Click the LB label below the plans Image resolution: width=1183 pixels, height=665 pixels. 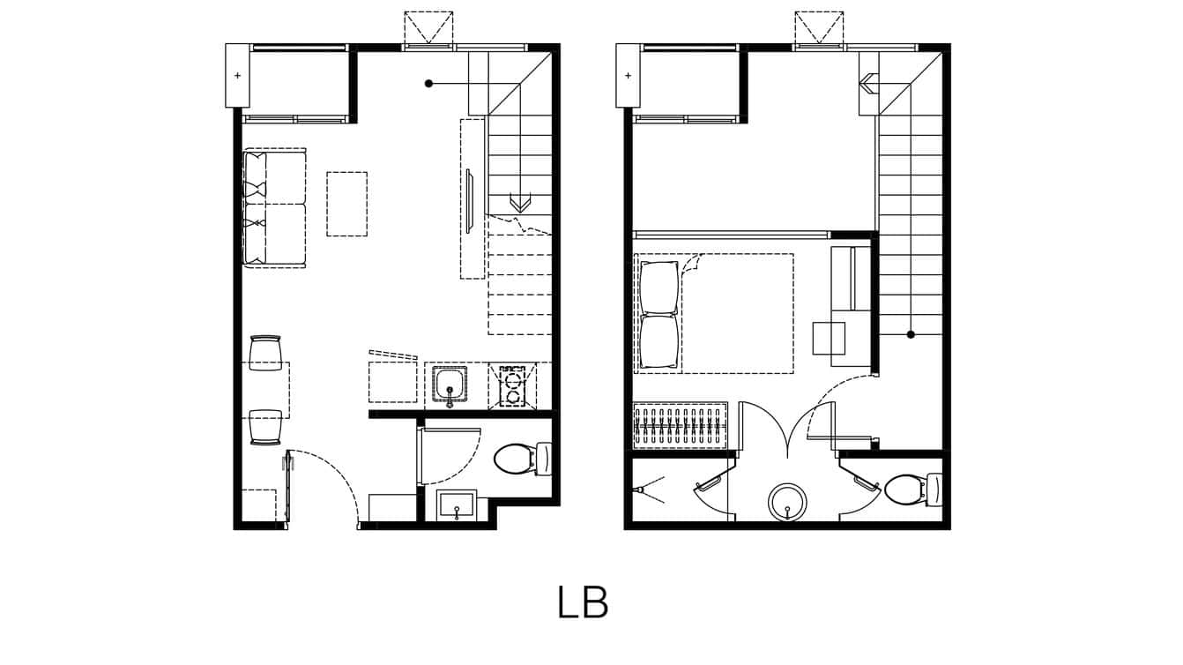pos(583,602)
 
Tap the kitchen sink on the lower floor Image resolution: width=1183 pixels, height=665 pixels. pos(450,385)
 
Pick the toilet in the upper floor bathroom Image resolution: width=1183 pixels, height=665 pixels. pos(904,489)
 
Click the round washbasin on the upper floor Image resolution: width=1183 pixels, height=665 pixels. pos(786,500)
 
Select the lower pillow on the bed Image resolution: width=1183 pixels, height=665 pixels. pos(660,341)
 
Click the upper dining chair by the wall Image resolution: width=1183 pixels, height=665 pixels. pos(265,354)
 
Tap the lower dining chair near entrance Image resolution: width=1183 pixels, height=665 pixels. pos(265,427)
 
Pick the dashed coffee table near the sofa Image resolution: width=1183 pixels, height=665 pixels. pos(346,204)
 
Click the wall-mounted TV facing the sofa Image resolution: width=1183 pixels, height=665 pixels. pos(470,201)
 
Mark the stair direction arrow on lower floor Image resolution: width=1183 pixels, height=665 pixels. pos(519,204)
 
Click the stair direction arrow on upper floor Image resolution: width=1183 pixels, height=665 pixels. pos(868,84)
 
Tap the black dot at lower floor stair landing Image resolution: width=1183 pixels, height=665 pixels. pos(428,84)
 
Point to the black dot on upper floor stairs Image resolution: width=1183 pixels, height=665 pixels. pos(911,334)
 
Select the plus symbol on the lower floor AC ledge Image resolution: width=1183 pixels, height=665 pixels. pos(237,76)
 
